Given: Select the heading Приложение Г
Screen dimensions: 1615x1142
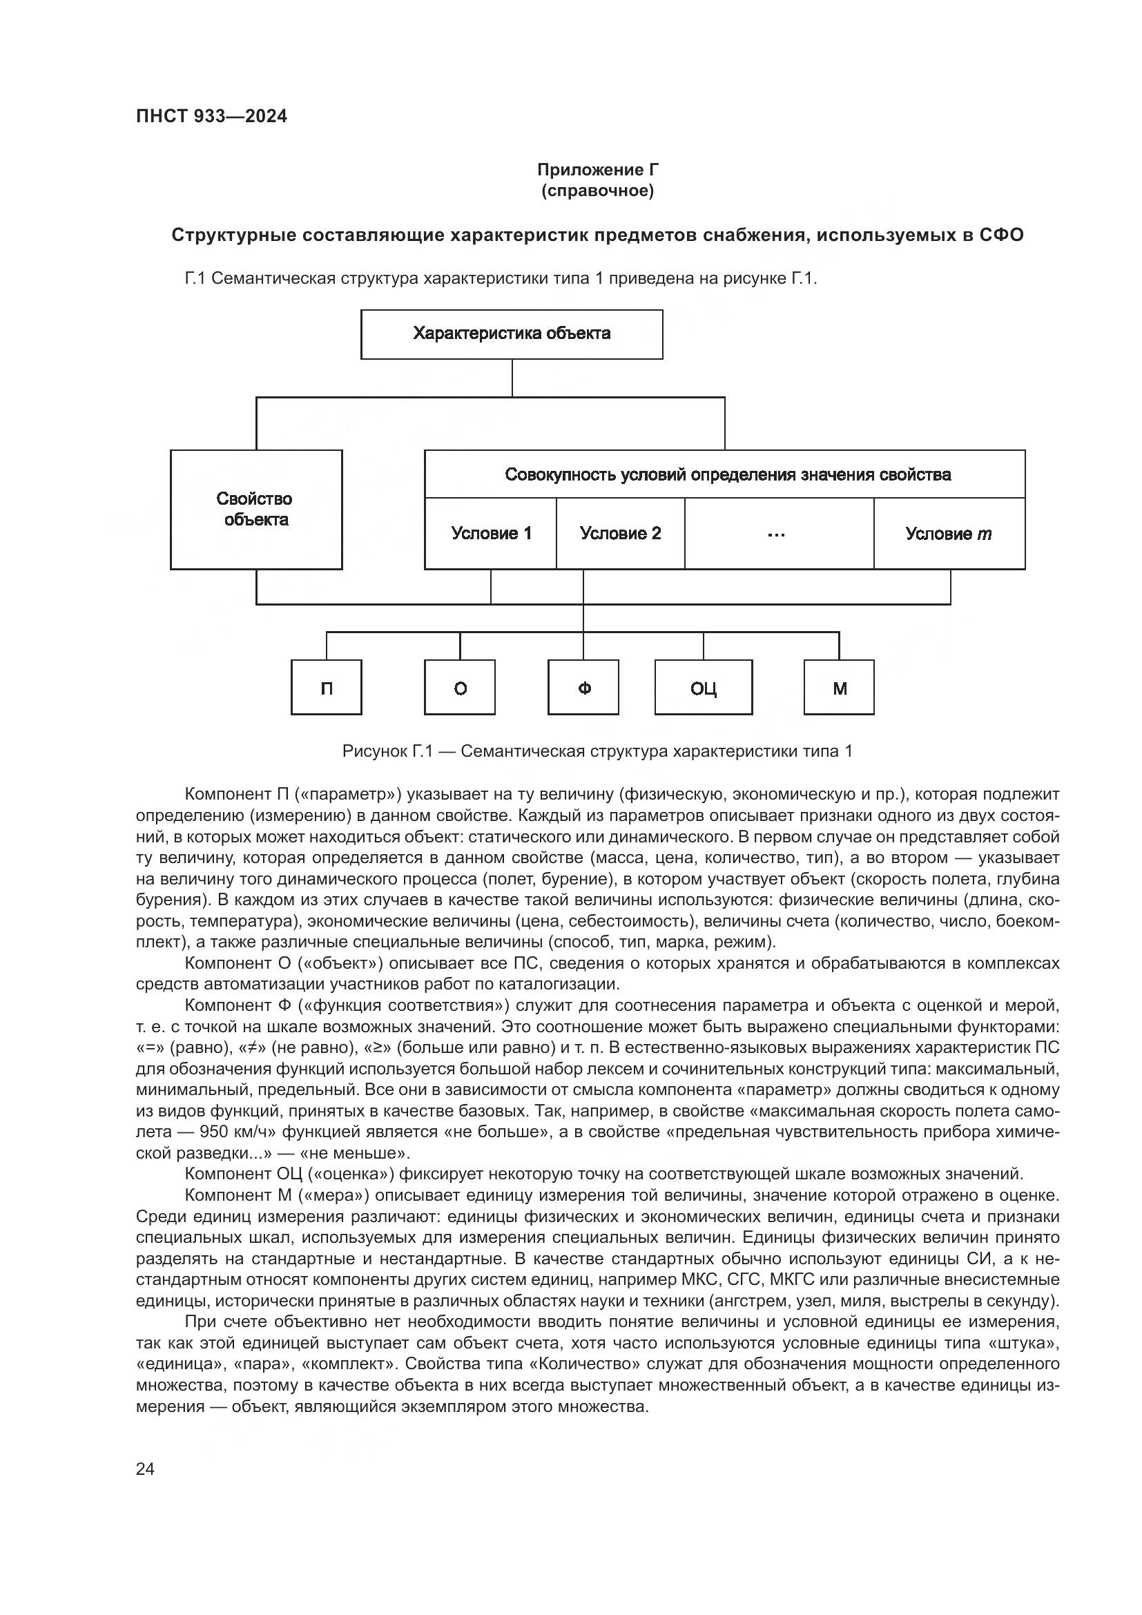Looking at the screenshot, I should coord(598,170).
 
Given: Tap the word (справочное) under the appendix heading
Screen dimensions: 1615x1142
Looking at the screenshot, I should coord(598,191).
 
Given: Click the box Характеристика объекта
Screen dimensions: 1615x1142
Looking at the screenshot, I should coord(511,334).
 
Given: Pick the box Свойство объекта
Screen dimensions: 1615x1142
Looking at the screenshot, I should coord(256,510).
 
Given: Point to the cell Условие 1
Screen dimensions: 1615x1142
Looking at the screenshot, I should coord(491,534).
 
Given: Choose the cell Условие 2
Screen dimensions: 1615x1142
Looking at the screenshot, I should coord(620,534).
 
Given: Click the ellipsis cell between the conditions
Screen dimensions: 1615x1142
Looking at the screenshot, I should coord(778,534).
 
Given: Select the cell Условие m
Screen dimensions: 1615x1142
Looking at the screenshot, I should coord(949,534).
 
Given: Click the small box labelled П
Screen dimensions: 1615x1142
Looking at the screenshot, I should coord(327,688).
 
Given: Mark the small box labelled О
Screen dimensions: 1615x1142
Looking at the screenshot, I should coord(460,688).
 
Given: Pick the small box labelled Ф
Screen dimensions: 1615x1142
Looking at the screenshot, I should coord(583,688).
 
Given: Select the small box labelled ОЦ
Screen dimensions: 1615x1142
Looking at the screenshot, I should coord(703,688).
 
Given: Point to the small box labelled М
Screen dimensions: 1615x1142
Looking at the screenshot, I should coord(839,688).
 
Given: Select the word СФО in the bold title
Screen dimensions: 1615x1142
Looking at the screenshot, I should coord(1001,235).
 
